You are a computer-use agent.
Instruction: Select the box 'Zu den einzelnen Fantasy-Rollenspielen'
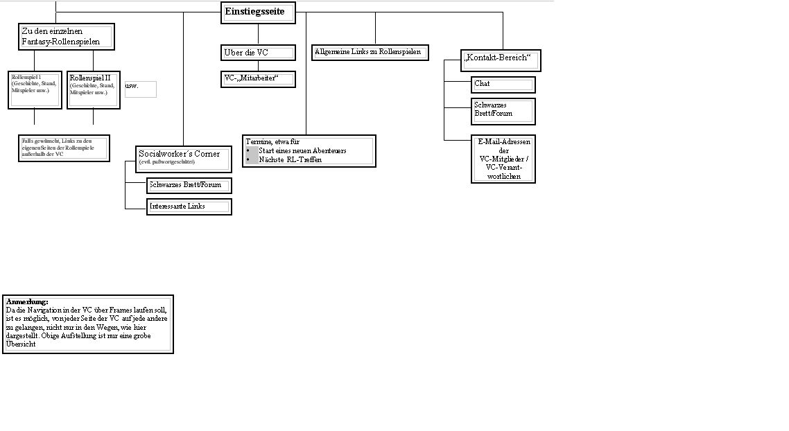[x=66, y=37]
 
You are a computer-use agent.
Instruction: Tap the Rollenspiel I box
[x=35, y=89]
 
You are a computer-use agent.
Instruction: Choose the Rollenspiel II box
[x=93, y=89]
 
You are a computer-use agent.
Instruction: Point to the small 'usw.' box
[x=140, y=89]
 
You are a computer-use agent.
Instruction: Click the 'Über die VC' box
[x=259, y=53]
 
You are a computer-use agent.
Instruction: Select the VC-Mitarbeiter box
[x=259, y=79]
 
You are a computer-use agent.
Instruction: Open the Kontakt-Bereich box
[x=501, y=60]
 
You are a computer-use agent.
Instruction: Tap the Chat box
[x=503, y=84]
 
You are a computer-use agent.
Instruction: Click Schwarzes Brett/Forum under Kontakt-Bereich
[x=503, y=112]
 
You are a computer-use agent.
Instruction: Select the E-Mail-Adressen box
[x=503, y=159]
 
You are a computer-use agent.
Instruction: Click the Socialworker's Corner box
[x=184, y=159]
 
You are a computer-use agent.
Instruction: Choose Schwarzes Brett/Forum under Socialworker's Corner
[x=189, y=185]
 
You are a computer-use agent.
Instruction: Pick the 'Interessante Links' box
[x=189, y=206]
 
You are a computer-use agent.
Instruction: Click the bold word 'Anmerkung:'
[x=27, y=302]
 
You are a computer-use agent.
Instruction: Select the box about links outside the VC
[x=64, y=148]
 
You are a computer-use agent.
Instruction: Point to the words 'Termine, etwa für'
[x=272, y=141]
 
